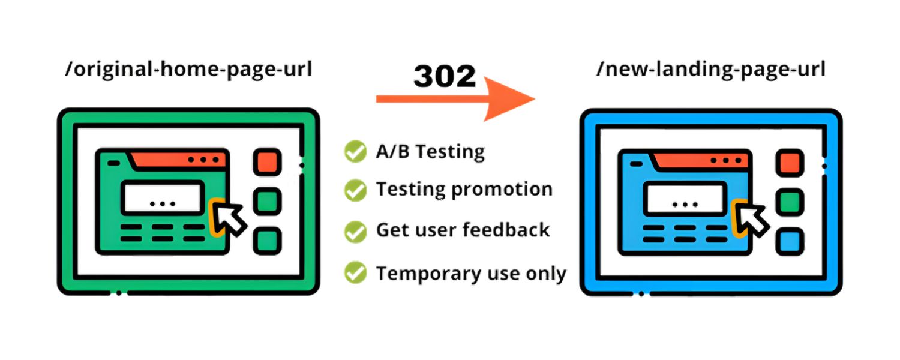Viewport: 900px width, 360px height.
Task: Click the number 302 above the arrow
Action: pos(445,76)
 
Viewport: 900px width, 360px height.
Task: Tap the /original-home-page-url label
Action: pos(189,70)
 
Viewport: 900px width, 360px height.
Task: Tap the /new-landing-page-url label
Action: pos(711,70)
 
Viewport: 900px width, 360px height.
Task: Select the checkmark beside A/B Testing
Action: pos(355,151)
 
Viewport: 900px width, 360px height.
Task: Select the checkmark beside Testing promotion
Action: pos(355,190)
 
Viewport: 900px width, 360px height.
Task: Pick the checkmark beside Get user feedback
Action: pos(355,231)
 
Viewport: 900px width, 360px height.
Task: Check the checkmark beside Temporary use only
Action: pos(355,273)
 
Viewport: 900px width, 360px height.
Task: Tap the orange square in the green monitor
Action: pos(266,162)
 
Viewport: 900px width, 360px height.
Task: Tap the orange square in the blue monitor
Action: pos(789,162)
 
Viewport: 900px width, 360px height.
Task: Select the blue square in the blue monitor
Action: pos(789,242)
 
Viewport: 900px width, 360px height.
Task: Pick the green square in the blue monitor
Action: pos(789,202)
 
